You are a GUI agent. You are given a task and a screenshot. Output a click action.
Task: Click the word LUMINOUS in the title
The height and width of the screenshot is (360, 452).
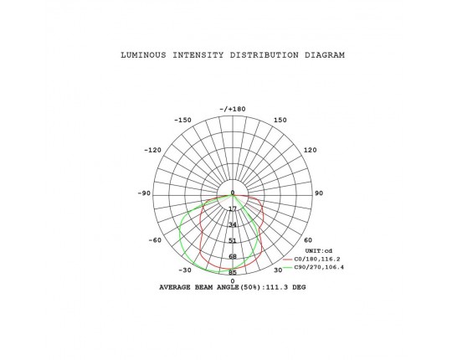click(x=143, y=55)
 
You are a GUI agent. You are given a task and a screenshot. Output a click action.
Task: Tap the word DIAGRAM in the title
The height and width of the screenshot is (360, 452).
click(x=325, y=55)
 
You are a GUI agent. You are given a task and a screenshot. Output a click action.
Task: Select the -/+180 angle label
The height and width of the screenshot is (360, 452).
click(x=233, y=109)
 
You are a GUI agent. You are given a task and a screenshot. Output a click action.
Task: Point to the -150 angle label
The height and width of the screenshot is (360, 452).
click(x=182, y=120)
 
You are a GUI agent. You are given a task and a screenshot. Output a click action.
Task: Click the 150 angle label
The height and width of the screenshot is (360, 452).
click(x=280, y=120)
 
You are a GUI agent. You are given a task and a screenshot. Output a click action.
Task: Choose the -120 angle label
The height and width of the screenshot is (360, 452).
click(x=153, y=150)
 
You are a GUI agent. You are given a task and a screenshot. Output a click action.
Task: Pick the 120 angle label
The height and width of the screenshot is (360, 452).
click(x=311, y=150)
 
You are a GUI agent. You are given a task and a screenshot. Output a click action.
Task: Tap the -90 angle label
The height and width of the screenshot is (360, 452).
click(x=144, y=193)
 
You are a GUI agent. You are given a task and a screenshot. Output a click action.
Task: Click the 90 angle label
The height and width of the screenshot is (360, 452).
click(x=319, y=193)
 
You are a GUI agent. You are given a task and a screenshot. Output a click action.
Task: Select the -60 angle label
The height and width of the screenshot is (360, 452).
click(x=155, y=240)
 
